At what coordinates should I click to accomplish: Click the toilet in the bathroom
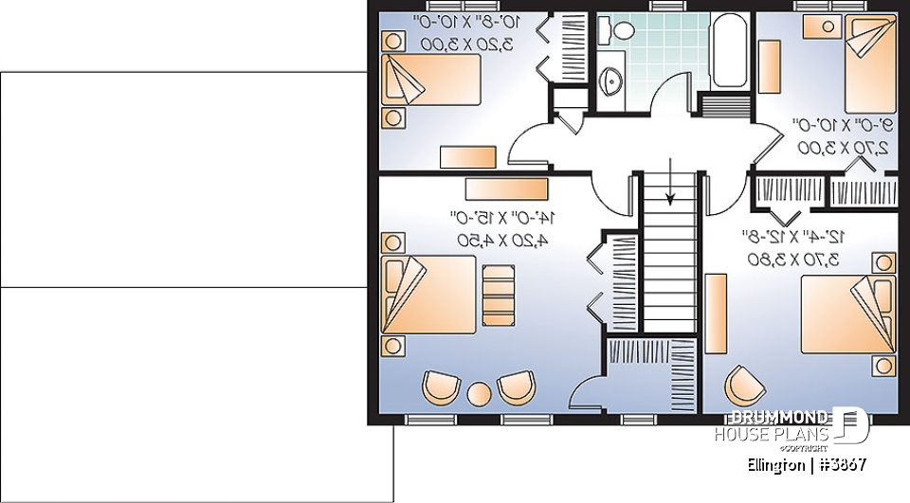pos(623,31)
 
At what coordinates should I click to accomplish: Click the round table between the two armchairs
pos(480,391)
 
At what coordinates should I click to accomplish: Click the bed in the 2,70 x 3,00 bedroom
pos(868,64)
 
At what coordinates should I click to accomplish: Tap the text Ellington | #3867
pos(807,465)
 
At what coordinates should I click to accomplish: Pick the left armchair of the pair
pos(442,386)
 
